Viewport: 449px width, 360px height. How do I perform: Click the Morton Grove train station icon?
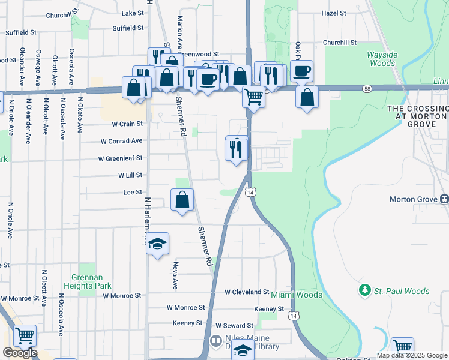445,199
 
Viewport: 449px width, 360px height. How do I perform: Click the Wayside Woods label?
382,59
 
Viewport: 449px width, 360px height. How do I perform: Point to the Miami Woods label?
297,295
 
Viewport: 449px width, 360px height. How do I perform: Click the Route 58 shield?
366,89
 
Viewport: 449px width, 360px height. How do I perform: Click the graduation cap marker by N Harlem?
158,244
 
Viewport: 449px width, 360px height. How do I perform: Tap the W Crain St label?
127,124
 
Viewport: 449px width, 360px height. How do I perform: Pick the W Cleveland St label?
247,292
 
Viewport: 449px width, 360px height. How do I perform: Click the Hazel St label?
334,13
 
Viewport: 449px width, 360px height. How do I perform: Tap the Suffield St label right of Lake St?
128,28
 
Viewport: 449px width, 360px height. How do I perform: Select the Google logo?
19,353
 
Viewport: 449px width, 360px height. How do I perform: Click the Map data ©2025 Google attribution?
412,355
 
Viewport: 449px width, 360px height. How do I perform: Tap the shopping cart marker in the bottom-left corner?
25,336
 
